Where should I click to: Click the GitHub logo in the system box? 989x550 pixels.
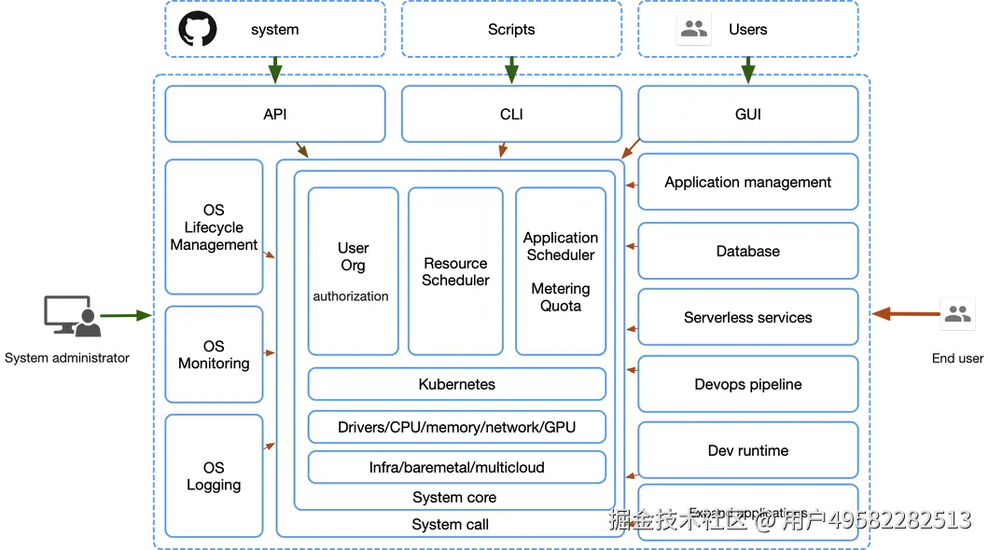pyautogui.click(x=198, y=29)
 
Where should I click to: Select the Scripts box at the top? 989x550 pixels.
pyautogui.click(x=511, y=29)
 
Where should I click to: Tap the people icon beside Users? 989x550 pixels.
pyautogui.click(x=694, y=29)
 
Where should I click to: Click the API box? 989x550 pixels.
pyautogui.click(x=274, y=114)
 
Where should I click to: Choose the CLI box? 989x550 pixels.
pyautogui.click(x=511, y=114)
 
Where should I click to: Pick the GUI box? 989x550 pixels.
pyautogui.click(x=747, y=114)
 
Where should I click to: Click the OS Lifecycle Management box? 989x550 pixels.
pyautogui.click(x=214, y=227)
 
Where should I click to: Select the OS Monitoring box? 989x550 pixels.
pyautogui.click(x=214, y=354)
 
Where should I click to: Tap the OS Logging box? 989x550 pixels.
pyautogui.click(x=214, y=475)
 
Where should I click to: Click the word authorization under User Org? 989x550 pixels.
pyautogui.click(x=351, y=296)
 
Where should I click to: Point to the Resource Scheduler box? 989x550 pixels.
pyautogui.click(x=455, y=271)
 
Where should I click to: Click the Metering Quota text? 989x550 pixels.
pyautogui.click(x=560, y=297)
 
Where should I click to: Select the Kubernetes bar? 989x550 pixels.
pyautogui.click(x=456, y=384)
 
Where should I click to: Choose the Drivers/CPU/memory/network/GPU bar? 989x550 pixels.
pyautogui.click(x=456, y=427)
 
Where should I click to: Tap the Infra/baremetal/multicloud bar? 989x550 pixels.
pyautogui.click(x=456, y=467)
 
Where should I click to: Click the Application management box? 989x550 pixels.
pyautogui.click(x=747, y=182)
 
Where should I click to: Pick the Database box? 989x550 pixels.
pyautogui.click(x=747, y=251)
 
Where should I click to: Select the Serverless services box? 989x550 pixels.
pyautogui.click(x=747, y=317)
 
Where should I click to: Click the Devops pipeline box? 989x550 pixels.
pyautogui.click(x=747, y=384)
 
